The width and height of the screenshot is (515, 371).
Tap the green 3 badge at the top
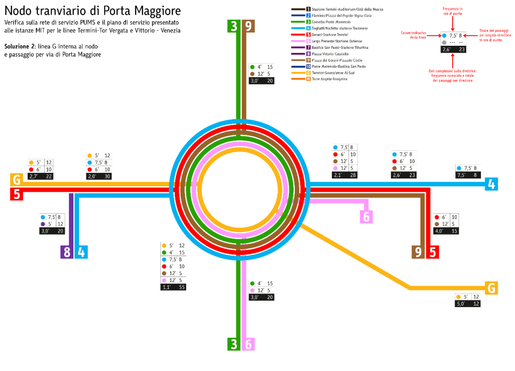233,26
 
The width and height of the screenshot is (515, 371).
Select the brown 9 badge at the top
248,26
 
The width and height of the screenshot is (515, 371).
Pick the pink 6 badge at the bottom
248,344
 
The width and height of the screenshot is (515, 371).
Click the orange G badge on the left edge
17,179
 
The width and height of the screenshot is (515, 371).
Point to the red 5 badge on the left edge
17,194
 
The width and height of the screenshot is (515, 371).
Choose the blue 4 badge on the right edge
491,184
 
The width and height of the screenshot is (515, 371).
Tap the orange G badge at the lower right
491,288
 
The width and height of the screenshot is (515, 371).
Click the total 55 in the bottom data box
181,287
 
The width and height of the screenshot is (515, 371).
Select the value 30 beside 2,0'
107,176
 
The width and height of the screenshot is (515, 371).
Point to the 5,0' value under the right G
461,304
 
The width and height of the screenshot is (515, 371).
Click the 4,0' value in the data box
439,231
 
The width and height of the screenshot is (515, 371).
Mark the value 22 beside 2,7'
48,176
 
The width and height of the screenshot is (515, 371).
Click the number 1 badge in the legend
308,10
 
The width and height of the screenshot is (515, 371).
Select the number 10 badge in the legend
308,66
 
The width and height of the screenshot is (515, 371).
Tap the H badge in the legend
308,79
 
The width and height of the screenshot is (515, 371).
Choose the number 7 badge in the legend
308,47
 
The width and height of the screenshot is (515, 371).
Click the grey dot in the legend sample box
444,42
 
